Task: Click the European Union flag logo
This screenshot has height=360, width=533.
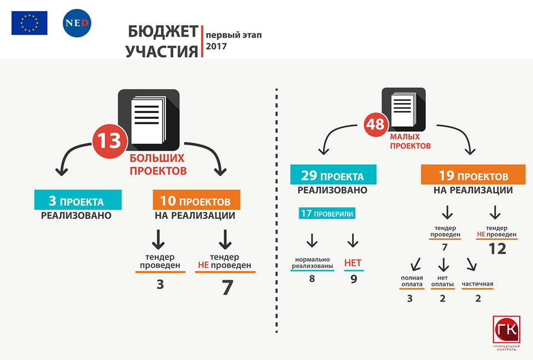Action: click(x=29, y=23)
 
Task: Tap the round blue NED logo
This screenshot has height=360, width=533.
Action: click(x=77, y=23)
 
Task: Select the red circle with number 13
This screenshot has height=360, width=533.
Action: click(x=109, y=141)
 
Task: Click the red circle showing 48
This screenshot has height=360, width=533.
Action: click(x=375, y=124)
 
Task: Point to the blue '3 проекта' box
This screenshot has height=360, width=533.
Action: click(x=78, y=200)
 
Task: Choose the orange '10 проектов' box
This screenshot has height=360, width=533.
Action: click(x=197, y=200)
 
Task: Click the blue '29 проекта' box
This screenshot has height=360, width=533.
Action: click(x=333, y=174)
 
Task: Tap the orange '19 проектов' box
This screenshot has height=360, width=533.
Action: click(x=473, y=174)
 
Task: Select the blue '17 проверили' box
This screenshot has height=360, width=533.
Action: click(x=327, y=213)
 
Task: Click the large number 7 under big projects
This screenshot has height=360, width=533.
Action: click(x=228, y=288)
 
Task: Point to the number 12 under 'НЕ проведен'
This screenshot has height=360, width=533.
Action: click(x=497, y=249)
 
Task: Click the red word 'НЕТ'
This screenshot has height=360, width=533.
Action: click(x=353, y=263)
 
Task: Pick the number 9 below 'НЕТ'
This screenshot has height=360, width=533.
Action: click(x=354, y=279)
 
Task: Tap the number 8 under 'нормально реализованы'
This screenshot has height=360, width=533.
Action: click(x=312, y=279)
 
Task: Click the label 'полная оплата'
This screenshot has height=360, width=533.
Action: click(x=412, y=281)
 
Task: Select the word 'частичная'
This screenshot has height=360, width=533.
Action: click(x=477, y=284)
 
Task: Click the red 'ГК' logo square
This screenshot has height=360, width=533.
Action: click(x=506, y=329)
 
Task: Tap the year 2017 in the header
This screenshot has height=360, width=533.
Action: click(x=216, y=46)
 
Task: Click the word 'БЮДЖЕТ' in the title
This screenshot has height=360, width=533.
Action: click(x=163, y=32)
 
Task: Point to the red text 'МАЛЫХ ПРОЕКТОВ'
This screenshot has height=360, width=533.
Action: click(x=410, y=141)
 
